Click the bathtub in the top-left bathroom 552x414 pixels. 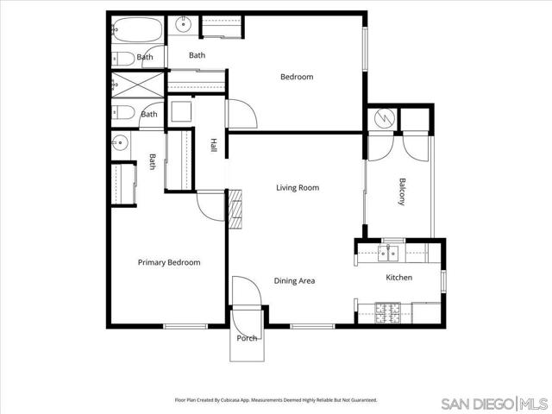(x=135, y=30)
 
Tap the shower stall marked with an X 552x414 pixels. (x=136, y=85)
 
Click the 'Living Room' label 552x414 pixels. (x=298, y=187)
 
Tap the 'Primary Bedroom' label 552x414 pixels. (x=169, y=262)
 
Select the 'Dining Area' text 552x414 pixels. (x=294, y=280)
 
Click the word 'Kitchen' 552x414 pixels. (x=398, y=278)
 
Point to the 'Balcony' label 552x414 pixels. (x=402, y=191)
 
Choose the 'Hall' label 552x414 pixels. (x=213, y=146)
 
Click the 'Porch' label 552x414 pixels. (x=248, y=338)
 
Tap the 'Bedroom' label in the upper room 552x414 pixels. (x=297, y=77)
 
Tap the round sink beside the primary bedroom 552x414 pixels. (x=120, y=142)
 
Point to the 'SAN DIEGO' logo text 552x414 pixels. (x=477, y=403)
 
